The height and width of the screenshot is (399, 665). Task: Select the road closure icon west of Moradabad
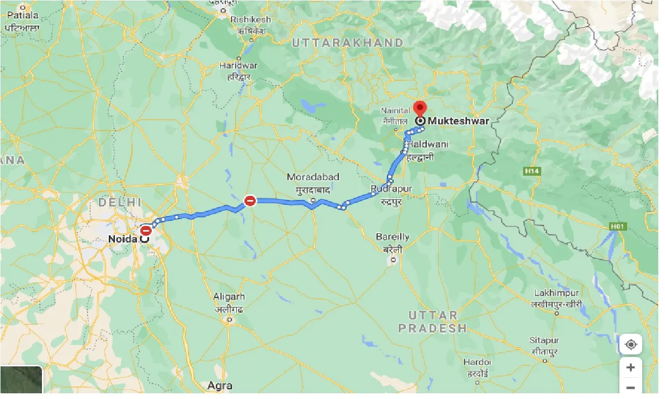click(250, 201)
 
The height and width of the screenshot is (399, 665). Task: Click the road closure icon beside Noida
click(147, 230)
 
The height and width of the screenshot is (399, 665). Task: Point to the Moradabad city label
click(313, 177)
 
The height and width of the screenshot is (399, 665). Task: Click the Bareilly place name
click(393, 237)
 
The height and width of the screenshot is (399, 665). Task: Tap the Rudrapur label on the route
click(392, 189)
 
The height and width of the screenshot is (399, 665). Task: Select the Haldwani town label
click(428, 144)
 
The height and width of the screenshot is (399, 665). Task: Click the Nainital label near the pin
click(396, 110)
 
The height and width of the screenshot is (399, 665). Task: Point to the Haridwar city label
click(238, 66)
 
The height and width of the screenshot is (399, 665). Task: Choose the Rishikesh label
click(251, 19)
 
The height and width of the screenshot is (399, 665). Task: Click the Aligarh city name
click(229, 297)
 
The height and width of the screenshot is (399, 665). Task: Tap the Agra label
click(220, 386)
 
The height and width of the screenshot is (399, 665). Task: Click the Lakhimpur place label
click(556, 293)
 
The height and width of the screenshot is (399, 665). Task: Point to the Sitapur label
click(544, 340)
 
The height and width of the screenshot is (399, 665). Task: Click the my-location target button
click(630, 345)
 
